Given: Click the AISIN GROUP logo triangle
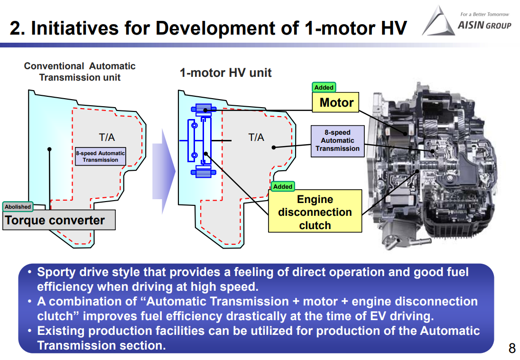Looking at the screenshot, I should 437,22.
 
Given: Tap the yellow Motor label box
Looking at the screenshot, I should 336,102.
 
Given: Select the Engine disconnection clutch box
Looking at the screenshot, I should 315,212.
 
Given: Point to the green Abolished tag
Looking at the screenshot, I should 18,207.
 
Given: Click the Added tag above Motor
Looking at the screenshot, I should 324,87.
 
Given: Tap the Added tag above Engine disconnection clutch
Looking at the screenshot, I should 283,186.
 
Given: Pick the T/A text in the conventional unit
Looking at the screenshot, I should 107,138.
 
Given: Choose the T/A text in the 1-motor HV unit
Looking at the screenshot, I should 256,138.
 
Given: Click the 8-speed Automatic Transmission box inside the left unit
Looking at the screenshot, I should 100,157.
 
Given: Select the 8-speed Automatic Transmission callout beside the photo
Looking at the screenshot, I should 337,140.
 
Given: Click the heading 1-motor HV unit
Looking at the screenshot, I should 225,73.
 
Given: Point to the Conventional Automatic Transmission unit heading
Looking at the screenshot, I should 80,72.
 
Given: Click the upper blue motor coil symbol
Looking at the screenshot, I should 204,109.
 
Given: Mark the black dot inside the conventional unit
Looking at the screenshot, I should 49,149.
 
